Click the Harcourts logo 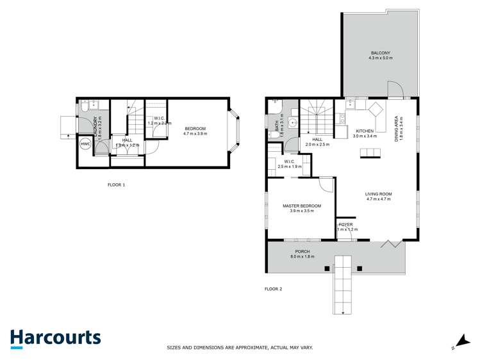pos(55,339)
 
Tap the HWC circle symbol pos(85,145)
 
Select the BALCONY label pos(380,53)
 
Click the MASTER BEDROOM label pos(301,206)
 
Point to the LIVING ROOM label pos(378,194)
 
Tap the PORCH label pos(302,251)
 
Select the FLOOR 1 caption pos(116,184)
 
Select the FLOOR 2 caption pos(273,289)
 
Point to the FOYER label pos(346,224)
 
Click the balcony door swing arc pos(395,89)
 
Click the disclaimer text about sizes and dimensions pos(240,347)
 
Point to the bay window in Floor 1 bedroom pos(235,133)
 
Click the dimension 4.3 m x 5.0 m pos(380,58)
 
